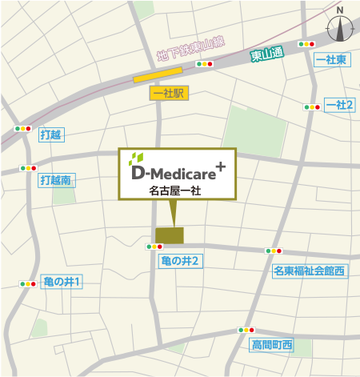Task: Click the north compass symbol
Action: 341,29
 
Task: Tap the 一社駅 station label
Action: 168,94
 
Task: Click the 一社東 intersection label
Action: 330,60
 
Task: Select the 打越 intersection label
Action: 50,134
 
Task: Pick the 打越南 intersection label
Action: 56,180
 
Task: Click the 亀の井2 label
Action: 178,261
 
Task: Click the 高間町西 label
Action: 272,345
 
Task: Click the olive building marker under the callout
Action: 169,235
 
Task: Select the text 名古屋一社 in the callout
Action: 175,191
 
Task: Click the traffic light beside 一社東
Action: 306,44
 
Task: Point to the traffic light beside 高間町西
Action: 246,330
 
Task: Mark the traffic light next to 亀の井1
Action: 28,283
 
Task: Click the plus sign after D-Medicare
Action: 220,166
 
